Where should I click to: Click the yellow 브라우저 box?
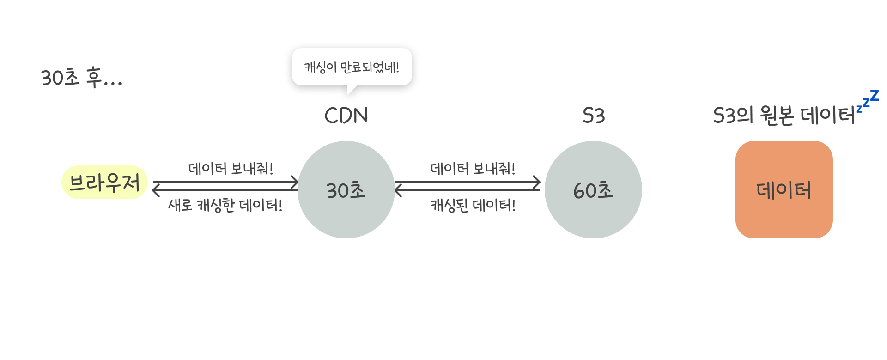click(104, 183)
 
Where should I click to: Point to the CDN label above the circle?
click(346, 116)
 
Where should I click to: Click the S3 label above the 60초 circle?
click(594, 116)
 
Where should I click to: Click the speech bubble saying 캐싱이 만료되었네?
click(352, 67)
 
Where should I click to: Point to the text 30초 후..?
click(81, 77)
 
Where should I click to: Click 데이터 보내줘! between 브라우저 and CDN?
click(231, 169)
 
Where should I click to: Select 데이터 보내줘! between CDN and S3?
click(473, 169)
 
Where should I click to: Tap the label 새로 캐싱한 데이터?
click(225, 205)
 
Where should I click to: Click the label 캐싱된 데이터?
click(473, 205)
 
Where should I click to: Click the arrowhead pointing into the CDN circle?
click(294, 182)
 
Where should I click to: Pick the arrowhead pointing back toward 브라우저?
click(156, 190)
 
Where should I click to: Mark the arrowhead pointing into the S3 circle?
click(536, 182)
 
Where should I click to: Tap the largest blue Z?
click(874, 96)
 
